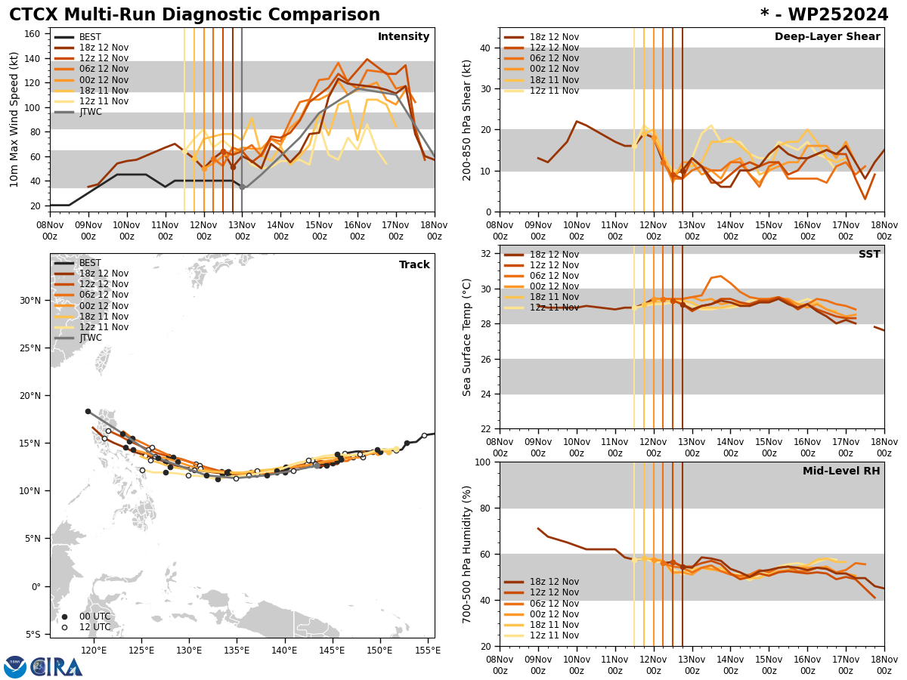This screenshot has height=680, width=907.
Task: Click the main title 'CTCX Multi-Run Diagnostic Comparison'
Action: point(194,15)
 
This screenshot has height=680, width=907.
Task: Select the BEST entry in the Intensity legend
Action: point(90,37)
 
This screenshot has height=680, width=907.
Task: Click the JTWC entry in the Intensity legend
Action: point(90,112)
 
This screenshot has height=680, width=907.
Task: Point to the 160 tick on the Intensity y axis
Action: point(34,33)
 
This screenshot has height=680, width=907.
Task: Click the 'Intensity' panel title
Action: point(403,37)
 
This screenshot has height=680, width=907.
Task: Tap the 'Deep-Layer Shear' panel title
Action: point(827,37)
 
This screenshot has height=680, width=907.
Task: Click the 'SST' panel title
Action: point(868,255)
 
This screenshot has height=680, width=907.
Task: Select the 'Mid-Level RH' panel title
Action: point(840,471)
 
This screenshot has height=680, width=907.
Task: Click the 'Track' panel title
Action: point(413,265)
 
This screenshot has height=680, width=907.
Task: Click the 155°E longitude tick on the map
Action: point(428,649)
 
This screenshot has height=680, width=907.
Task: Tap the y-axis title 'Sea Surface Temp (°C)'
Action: point(468,337)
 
